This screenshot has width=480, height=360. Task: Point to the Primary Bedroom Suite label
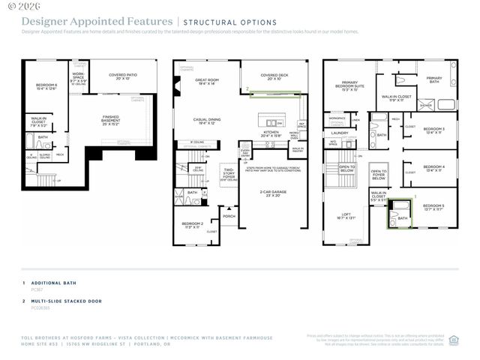point(349,85)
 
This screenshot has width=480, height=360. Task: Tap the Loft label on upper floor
point(346,215)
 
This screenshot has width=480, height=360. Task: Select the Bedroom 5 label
point(433,206)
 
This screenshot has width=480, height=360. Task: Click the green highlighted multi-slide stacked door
point(274,94)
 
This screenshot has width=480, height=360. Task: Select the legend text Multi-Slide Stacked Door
point(66,301)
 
